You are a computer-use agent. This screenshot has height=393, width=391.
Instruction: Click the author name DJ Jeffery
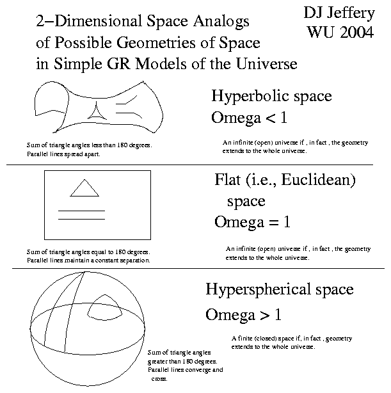tap(339, 13)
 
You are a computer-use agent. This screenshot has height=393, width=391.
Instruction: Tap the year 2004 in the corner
tap(357, 32)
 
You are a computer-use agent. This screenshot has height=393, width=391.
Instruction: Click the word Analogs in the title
tap(221, 22)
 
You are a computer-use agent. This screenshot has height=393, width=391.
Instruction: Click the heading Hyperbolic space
tap(271, 96)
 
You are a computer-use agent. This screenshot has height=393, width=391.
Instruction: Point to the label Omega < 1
tap(249, 118)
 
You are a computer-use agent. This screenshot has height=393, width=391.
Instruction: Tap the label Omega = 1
tap(252, 222)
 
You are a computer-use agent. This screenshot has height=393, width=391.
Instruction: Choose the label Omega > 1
tap(243, 315)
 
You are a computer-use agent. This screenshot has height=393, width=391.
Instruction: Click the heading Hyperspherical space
tap(280, 290)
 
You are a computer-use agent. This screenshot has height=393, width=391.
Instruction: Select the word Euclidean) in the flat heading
tap(318, 180)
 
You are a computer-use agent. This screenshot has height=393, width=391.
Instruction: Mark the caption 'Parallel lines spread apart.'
tap(63, 154)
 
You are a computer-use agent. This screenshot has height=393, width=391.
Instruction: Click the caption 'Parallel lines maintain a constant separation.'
tap(88, 261)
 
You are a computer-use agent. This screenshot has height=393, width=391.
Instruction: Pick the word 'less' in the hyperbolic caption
tap(97, 145)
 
